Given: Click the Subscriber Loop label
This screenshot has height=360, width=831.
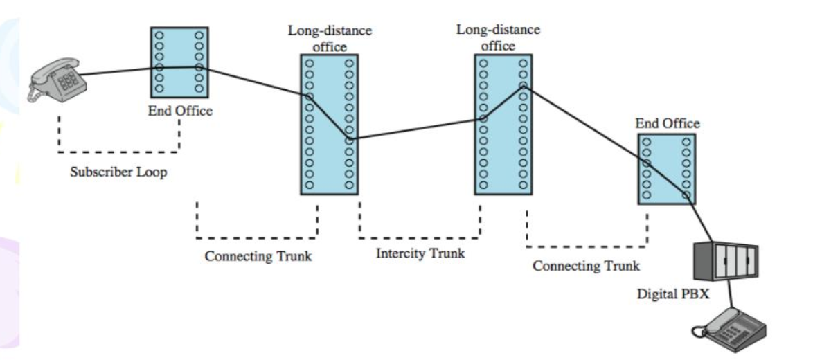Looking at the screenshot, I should pos(118,172).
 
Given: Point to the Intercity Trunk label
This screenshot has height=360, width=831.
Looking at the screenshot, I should pos(420,253).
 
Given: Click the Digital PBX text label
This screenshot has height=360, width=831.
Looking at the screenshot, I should pos(668,294).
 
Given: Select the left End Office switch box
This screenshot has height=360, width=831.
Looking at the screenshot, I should pos(179,62).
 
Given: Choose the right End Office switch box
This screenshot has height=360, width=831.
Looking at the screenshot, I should pos(665,169).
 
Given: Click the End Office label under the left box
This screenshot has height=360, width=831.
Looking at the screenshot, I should pos(180,111).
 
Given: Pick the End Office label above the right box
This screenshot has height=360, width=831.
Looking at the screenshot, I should pos(668,123).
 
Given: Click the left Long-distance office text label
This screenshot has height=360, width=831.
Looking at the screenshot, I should pos(329,39).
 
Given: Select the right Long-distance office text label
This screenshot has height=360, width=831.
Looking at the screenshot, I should pos(498,38).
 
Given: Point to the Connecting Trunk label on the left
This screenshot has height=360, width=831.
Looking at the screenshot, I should pos(258,256).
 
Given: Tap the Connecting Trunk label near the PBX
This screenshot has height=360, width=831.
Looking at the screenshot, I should pos(587,265).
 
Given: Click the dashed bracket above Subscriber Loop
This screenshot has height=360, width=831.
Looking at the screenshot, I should pos(118,150).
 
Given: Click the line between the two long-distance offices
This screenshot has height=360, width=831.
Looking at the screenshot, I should pos(415,129).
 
